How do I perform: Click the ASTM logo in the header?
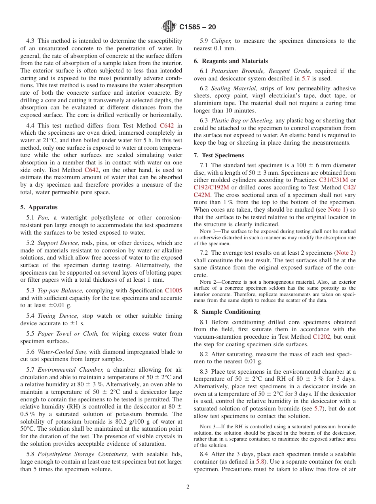(169, 27)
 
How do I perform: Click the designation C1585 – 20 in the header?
(197, 27)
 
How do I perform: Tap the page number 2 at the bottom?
(188, 487)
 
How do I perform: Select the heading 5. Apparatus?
(39, 207)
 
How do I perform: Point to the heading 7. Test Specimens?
(218, 155)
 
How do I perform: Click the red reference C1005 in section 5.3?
(173, 290)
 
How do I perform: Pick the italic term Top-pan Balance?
(60, 290)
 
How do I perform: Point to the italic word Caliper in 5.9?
(221, 41)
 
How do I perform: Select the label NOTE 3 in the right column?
(208, 426)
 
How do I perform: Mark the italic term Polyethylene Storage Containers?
(83, 454)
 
